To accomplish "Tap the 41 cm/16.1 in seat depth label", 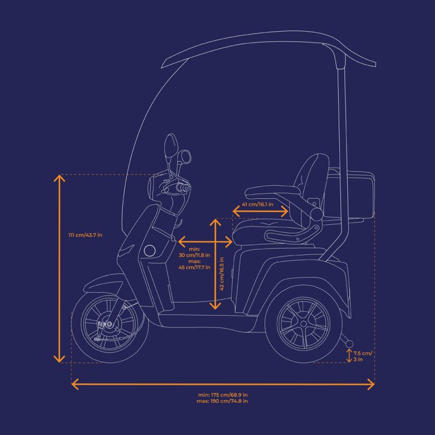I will click(258, 204).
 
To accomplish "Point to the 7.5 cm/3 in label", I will click(362, 356).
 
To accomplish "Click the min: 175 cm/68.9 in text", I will click(223, 395).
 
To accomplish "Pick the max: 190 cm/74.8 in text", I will click(223, 401).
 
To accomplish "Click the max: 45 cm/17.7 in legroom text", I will click(194, 264).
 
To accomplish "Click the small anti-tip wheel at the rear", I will click(349, 343).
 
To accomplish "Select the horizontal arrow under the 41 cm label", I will click(261, 211).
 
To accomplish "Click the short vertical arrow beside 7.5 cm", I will click(349, 356).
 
